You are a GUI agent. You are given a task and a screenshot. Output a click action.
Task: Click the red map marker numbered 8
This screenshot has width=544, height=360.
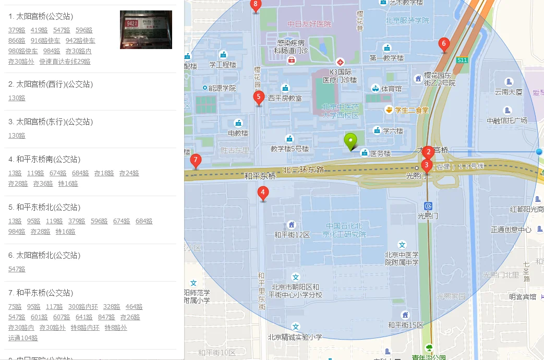255,6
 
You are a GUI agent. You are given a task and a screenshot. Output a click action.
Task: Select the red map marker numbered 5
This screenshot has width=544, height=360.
258,98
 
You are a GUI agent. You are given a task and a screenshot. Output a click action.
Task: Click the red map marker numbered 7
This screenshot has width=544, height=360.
196,161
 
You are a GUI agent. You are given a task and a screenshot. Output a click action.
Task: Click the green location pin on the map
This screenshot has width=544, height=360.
350,141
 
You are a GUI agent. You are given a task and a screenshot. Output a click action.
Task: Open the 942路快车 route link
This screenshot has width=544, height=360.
80,41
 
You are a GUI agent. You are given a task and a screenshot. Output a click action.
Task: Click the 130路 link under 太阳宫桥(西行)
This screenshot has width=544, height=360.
17,98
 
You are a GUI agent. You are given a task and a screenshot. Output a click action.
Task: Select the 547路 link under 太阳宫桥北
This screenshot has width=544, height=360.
17,269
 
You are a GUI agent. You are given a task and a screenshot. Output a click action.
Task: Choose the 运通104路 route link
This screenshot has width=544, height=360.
23,338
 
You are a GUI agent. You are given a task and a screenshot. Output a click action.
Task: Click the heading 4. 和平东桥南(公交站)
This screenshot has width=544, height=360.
47,159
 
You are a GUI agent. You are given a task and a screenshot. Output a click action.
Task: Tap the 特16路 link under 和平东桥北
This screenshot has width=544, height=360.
66,232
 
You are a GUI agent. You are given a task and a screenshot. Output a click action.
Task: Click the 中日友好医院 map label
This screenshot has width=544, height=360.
309,24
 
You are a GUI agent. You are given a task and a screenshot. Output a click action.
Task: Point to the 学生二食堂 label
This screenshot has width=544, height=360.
412,110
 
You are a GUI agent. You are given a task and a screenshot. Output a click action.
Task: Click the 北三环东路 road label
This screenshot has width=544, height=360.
303,170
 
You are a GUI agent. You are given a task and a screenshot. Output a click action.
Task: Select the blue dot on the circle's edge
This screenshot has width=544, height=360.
539,151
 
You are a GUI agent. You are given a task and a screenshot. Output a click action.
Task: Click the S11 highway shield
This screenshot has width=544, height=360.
462,60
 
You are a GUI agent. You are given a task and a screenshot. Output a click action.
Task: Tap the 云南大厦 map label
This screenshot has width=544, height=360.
509,92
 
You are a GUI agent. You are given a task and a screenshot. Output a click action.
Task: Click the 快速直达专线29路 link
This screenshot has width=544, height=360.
65,62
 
